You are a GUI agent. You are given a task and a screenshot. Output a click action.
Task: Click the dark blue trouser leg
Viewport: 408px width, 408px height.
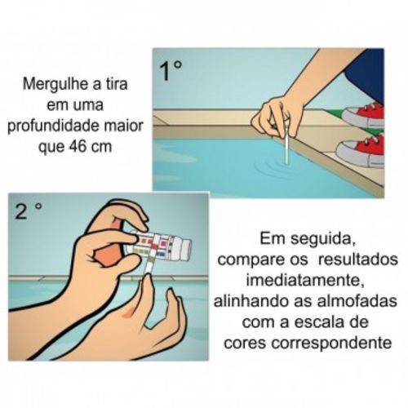[366, 76]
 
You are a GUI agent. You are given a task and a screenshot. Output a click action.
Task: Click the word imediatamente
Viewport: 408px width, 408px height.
[305, 281]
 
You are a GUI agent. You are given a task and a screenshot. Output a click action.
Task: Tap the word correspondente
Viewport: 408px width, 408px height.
[332, 344]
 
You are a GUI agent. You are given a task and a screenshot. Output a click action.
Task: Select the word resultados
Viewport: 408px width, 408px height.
[358, 259]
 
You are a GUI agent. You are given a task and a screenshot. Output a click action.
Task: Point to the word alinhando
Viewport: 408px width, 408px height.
[252, 301]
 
